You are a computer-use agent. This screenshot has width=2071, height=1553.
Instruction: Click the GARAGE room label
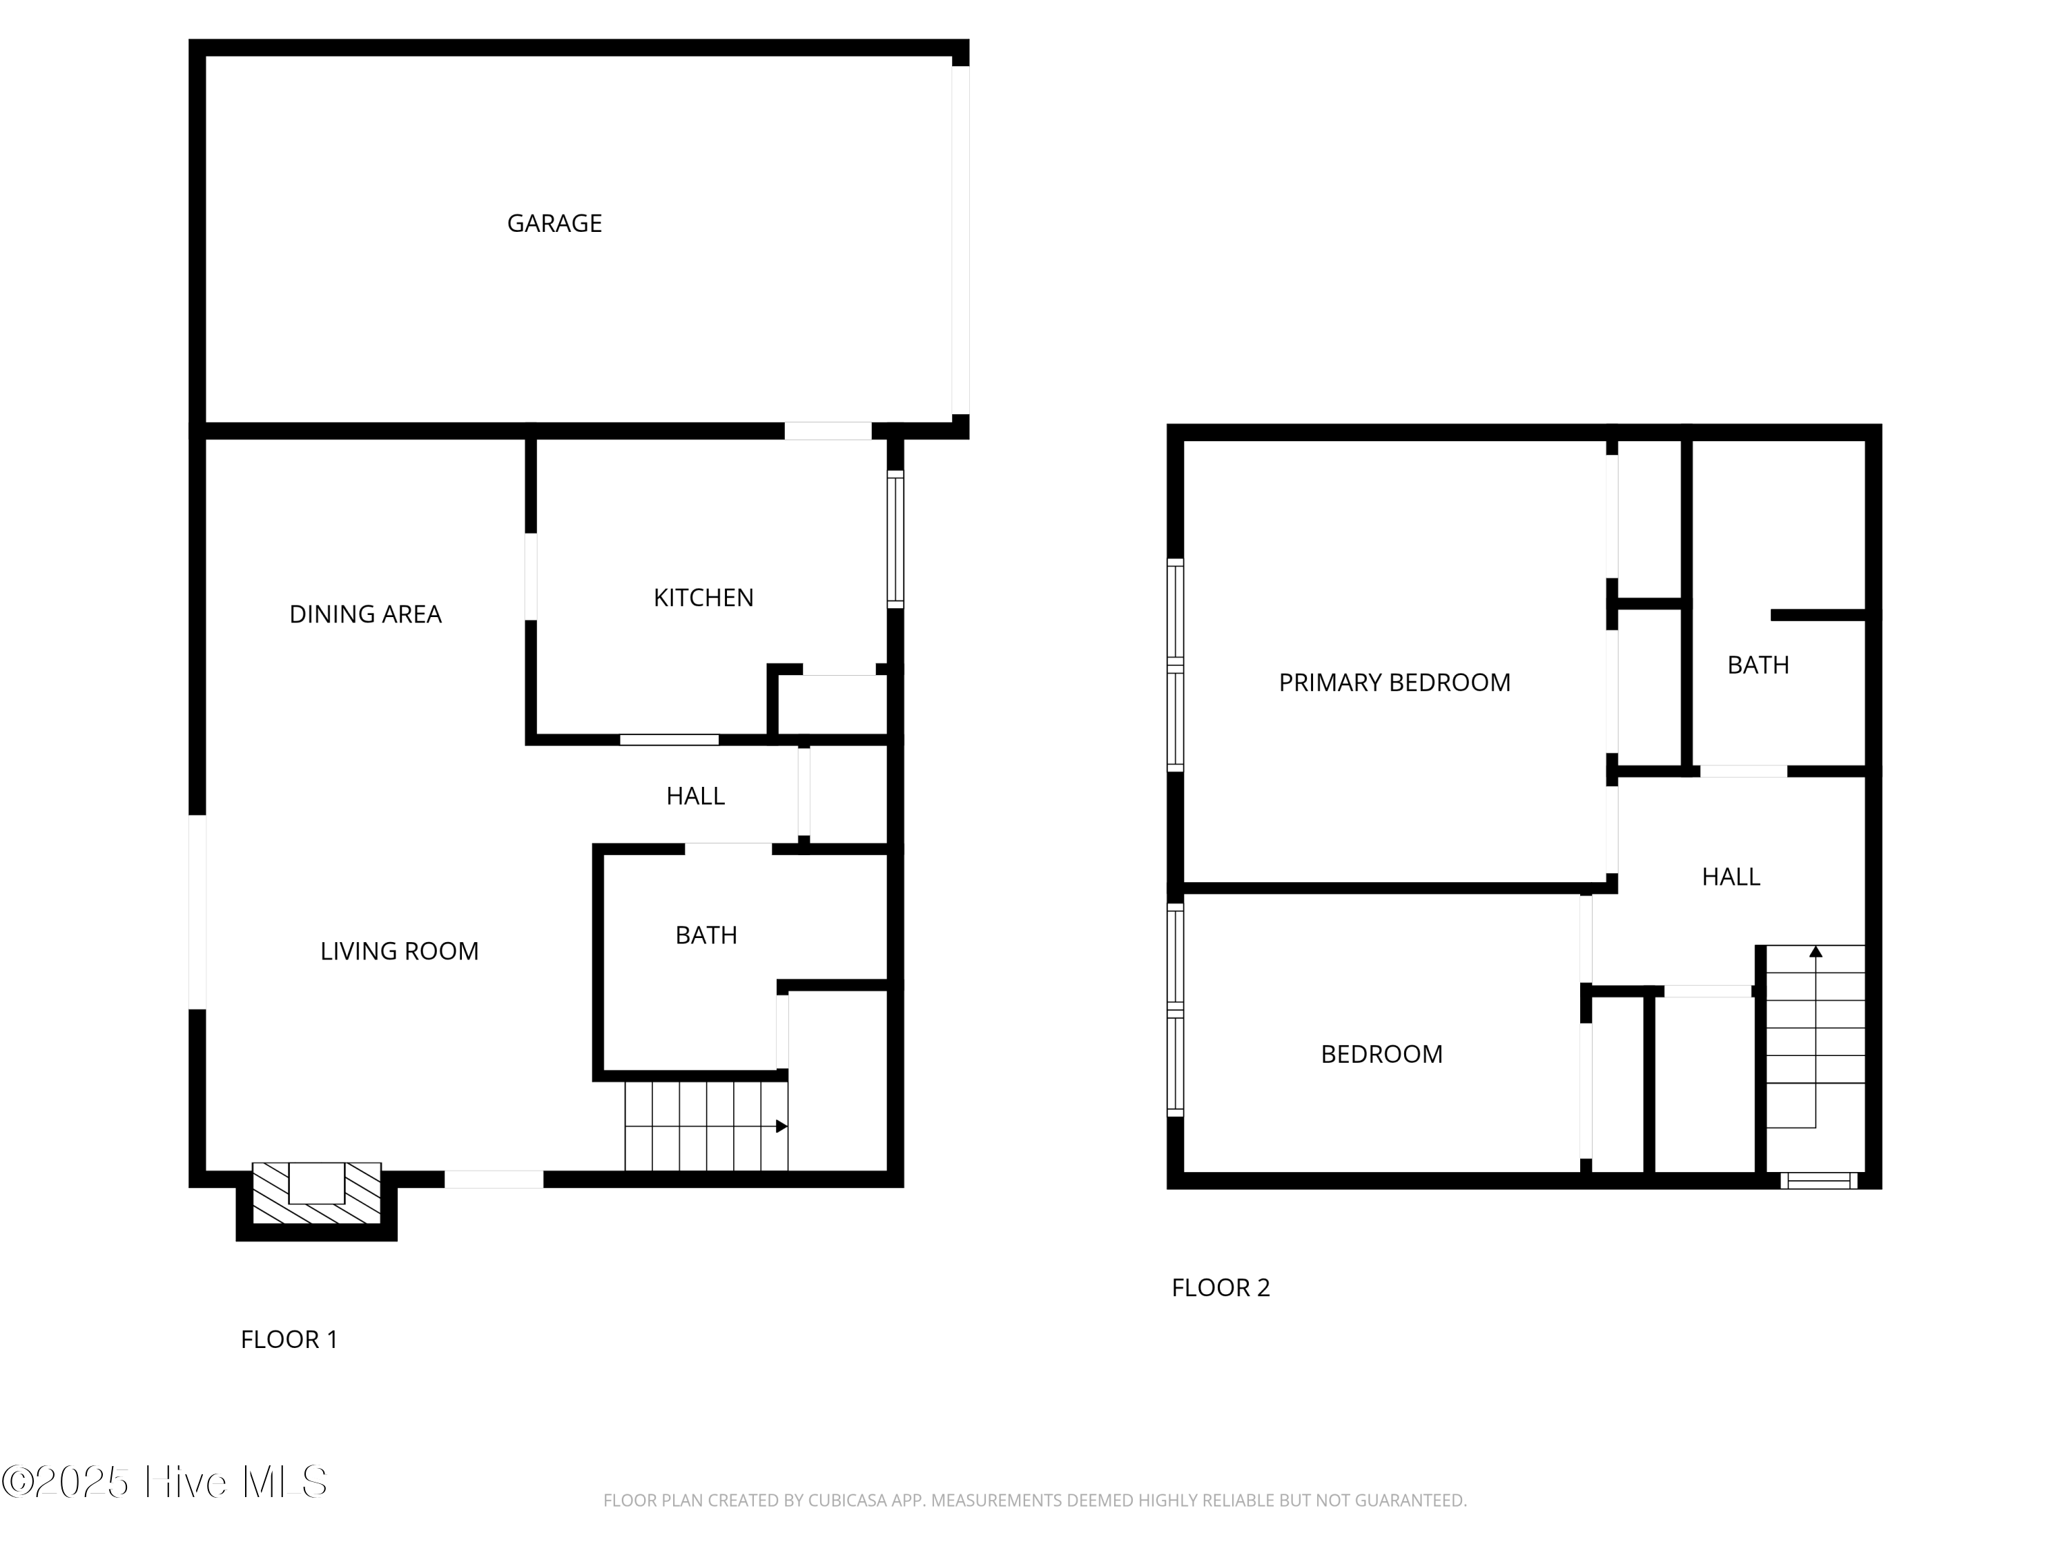point(554,224)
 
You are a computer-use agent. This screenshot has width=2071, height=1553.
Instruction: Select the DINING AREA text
point(365,615)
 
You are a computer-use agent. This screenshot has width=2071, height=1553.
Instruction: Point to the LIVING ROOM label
point(400,952)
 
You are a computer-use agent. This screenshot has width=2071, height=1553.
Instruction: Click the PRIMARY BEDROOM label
point(1394,683)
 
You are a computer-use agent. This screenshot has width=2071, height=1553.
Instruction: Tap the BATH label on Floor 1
point(706,936)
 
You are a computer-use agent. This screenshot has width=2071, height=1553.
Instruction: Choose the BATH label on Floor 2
point(1758,665)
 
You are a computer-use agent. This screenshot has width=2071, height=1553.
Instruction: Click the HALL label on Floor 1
point(694,797)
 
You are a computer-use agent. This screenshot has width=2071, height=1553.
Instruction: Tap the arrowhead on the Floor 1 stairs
point(781,1126)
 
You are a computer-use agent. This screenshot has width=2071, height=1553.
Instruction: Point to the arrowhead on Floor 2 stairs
point(1816,952)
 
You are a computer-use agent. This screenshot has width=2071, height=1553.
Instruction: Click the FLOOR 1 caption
point(289,1340)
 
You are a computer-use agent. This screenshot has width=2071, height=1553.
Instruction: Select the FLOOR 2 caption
point(1220,1288)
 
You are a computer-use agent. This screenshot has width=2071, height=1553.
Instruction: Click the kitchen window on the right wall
point(895,539)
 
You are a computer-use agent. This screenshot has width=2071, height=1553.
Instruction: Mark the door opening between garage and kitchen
point(828,431)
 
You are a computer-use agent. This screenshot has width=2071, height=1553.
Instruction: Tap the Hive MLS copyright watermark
point(165,1482)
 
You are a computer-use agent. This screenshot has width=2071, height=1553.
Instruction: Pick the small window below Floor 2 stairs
point(1818,1180)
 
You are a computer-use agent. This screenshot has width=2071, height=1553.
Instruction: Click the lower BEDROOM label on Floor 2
point(1381,1055)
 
